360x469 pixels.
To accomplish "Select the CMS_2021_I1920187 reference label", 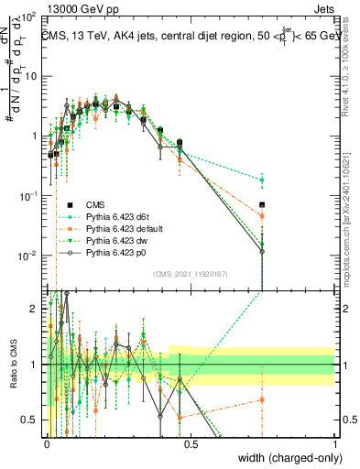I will pyautogui.click(x=190, y=274).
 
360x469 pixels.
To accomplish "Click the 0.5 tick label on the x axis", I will pyautogui.click(x=190, y=442).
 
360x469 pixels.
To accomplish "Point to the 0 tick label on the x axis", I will pyautogui.click(x=47, y=442).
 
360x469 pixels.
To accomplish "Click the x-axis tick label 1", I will pyautogui.click(x=334, y=442).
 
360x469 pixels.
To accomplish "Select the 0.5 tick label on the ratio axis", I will pyautogui.click(x=31, y=420).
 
